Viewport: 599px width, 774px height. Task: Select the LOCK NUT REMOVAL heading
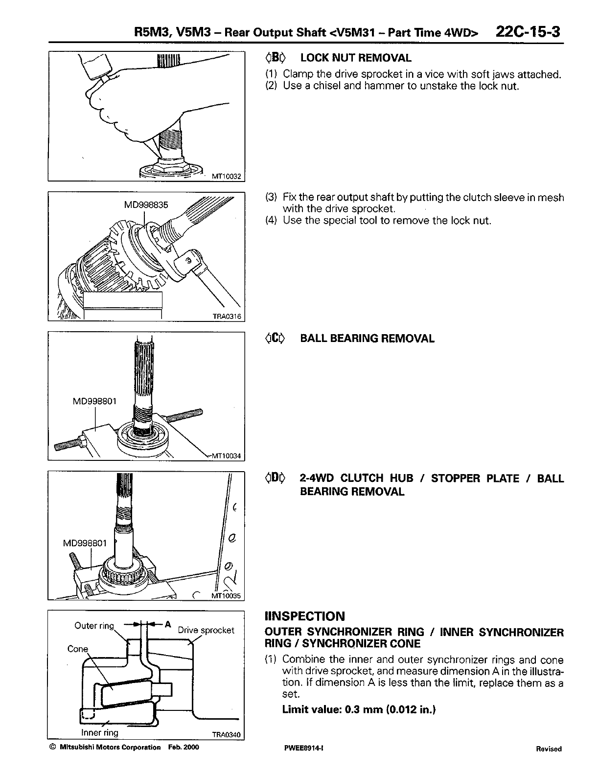356,58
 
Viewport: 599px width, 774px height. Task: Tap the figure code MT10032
227,177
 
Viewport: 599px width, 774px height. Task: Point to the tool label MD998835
146,205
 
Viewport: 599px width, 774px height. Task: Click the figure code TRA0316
227,317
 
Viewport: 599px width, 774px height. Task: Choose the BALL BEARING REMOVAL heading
367,339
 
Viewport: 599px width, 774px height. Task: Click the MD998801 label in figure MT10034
95,402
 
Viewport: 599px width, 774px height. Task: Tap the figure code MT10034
227,456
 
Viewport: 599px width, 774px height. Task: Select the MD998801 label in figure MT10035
86,543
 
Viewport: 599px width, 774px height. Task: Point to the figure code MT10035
227,596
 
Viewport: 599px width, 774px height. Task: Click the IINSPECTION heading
304,616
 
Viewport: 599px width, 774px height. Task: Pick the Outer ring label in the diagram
94,626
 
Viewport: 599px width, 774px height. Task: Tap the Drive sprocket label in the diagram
206,630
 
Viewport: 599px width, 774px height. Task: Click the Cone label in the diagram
78,649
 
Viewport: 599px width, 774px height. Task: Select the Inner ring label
100,732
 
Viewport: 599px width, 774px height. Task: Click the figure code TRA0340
227,734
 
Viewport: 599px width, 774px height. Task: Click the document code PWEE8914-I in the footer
301,749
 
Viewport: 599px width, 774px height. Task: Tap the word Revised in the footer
549,749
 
